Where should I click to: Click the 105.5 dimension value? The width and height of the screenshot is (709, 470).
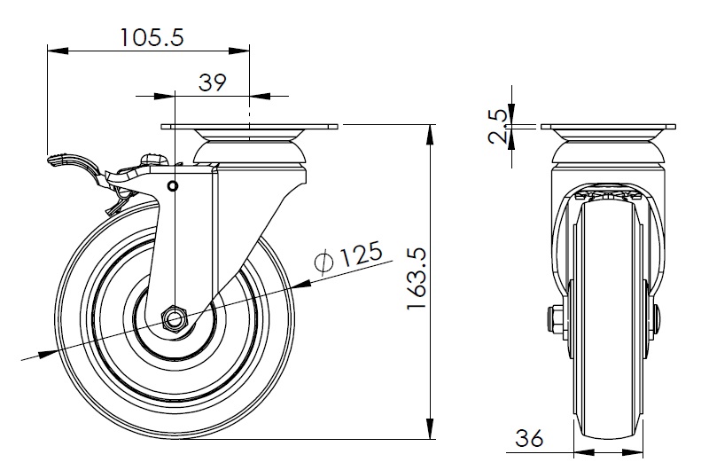(152, 37)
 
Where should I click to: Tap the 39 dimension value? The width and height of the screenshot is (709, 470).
(212, 82)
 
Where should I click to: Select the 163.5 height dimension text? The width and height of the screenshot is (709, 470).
(417, 278)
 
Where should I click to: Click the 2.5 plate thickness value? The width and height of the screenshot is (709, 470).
(498, 126)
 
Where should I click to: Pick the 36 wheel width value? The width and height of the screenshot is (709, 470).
(528, 438)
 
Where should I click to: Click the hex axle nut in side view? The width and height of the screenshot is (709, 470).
(174, 319)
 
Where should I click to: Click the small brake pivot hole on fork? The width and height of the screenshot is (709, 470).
(172, 185)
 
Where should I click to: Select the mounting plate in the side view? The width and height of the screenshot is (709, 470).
(250, 127)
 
